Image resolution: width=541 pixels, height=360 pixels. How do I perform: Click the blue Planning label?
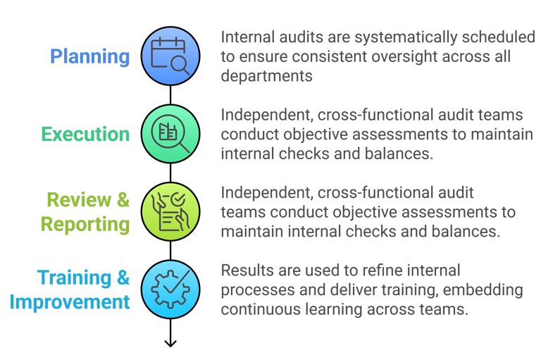[x=89, y=56]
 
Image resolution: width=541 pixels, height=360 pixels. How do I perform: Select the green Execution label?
[x=85, y=134]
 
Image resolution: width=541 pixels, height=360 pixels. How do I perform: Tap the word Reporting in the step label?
[x=85, y=225]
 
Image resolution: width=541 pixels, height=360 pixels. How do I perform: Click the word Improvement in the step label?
[x=70, y=302]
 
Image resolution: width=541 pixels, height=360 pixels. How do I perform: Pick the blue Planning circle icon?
[x=170, y=56]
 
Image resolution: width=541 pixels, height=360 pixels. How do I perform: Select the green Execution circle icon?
[x=170, y=134]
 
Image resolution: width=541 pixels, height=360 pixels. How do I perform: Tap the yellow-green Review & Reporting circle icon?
[x=170, y=211]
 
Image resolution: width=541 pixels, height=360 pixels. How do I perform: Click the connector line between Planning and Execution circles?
[x=170, y=94]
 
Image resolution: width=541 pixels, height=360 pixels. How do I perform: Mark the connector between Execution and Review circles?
[x=170, y=173]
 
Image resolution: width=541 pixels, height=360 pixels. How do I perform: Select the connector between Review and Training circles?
[x=170, y=250]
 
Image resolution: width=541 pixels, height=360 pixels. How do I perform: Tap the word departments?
[x=267, y=76]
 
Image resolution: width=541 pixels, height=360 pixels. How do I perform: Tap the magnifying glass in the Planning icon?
[x=179, y=65]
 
